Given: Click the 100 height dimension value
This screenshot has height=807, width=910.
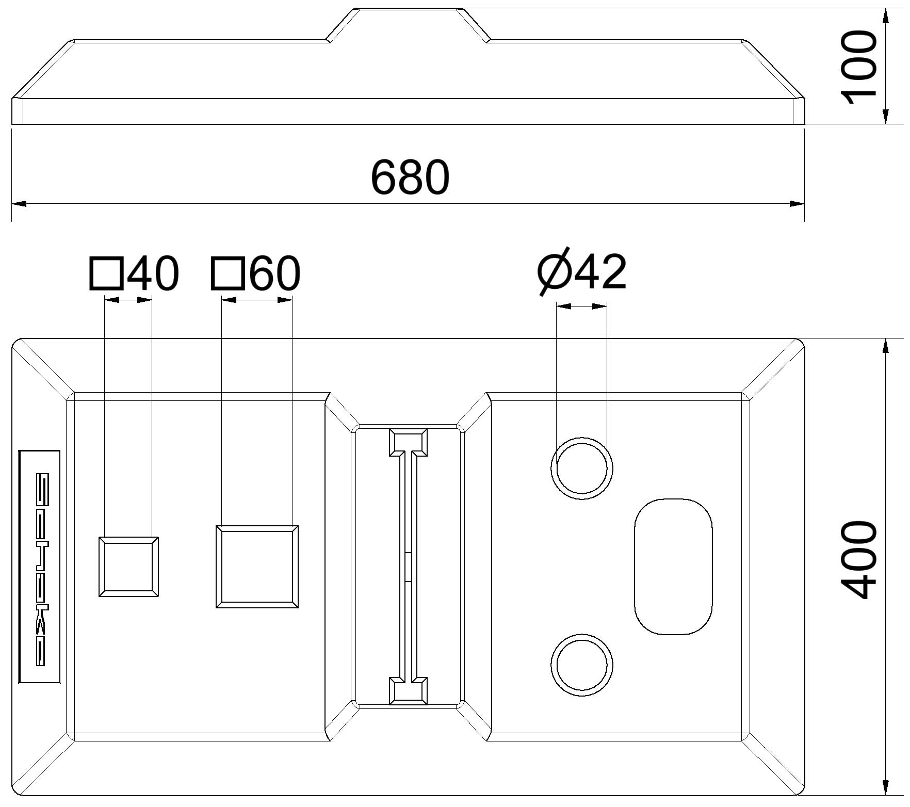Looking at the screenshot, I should (859, 67).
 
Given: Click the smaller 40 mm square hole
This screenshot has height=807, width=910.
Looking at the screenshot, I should (128, 567).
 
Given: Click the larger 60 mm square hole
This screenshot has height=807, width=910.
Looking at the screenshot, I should (257, 567).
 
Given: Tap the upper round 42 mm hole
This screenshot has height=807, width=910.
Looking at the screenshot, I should (582, 469).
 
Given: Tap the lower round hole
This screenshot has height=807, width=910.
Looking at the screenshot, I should (582, 665).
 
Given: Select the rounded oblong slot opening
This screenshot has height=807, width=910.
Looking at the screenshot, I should (673, 567).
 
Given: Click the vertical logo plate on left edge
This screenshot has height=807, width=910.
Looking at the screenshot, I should (40, 567).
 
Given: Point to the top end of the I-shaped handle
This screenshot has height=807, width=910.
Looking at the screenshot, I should (408, 443).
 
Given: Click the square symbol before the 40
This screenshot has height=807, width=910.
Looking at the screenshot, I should (107, 273).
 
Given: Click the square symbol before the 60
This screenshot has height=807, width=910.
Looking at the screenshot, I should (227, 273).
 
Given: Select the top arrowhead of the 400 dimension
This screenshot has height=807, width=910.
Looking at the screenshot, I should (886, 346).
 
